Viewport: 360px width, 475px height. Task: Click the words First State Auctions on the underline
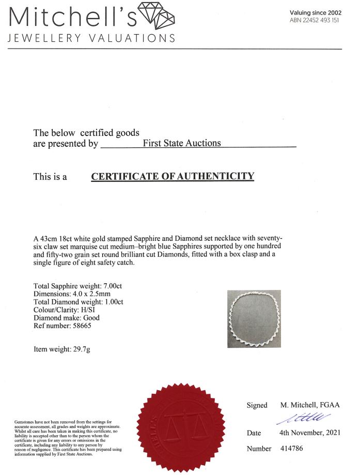(181, 143)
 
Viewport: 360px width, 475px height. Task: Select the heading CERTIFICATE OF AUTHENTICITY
(173, 176)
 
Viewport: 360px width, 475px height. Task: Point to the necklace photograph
(254, 318)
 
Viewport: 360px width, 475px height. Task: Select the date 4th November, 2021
(310, 433)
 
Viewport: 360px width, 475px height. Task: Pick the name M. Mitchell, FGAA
(310, 405)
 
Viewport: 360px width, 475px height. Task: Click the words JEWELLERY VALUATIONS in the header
(91, 38)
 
